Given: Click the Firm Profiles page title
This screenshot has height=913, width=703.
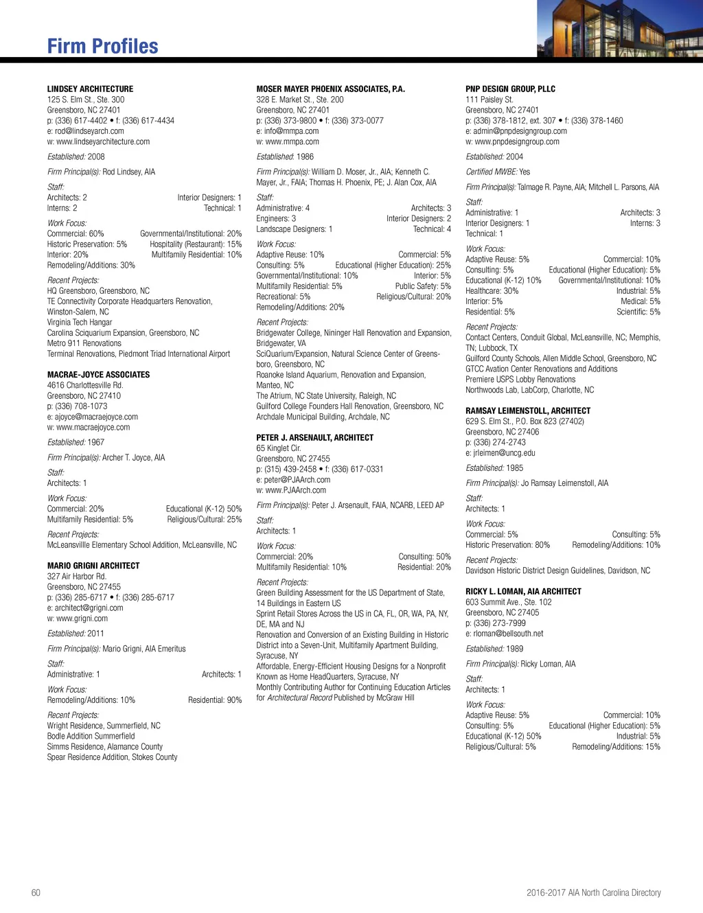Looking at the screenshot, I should click(x=102, y=46).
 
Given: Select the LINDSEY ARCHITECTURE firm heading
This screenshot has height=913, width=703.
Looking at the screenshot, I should click(x=90, y=89).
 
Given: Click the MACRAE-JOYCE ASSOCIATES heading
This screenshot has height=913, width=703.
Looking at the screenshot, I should click(x=98, y=375).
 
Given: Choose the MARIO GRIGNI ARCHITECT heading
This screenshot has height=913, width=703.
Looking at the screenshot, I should click(x=93, y=566).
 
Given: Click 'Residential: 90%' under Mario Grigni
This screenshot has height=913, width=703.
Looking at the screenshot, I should click(x=215, y=700).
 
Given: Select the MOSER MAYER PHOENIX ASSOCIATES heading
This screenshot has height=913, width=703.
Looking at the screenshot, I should click(x=330, y=89).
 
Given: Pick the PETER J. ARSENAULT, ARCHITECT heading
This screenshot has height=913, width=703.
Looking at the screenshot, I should click(x=314, y=437).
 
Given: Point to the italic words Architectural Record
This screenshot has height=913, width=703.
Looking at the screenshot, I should click(x=299, y=697).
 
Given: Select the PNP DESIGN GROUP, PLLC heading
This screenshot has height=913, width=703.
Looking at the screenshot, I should click(x=510, y=89).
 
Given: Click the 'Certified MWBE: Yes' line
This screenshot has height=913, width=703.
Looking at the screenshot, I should click(x=498, y=172).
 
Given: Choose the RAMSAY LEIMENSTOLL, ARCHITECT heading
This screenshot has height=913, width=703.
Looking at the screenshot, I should click(x=528, y=411).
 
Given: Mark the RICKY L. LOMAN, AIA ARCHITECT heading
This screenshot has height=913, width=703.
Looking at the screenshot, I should click(x=523, y=591).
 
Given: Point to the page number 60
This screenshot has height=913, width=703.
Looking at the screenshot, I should click(x=36, y=892).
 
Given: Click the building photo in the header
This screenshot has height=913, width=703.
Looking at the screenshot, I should click(x=619, y=29).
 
